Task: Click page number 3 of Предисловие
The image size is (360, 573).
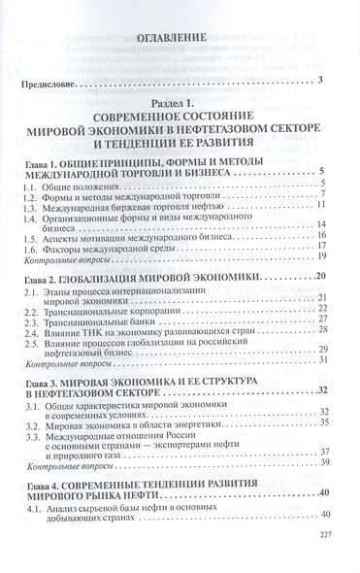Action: point(320,77)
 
